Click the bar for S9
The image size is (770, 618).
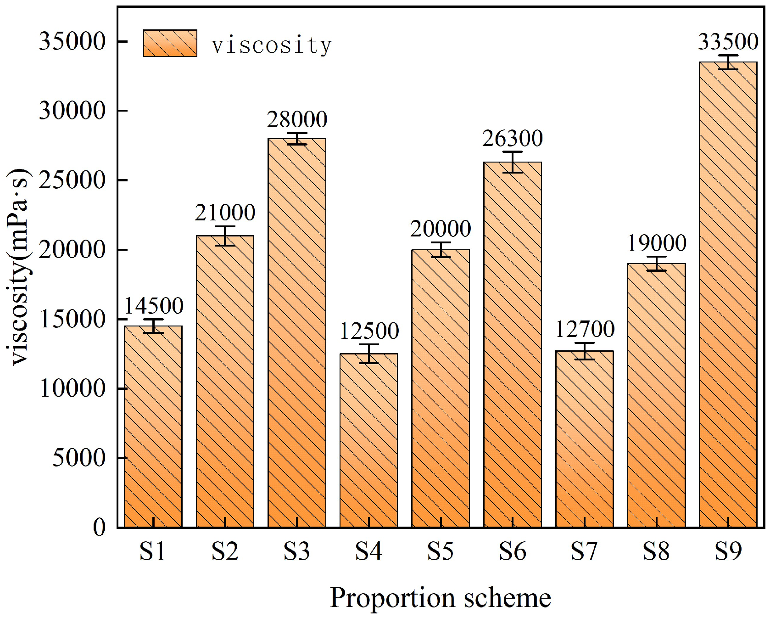click(728, 294)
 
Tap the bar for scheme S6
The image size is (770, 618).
click(512, 344)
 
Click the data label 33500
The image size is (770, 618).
click(728, 42)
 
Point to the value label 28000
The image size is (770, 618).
click(297, 120)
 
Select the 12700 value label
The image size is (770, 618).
click(585, 329)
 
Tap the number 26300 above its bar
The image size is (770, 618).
click(512, 139)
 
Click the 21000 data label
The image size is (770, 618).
click(225, 213)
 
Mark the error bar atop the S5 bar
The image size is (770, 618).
click(441, 250)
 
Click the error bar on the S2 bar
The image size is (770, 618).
click(225, 236)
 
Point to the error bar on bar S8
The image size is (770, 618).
click(656, 264)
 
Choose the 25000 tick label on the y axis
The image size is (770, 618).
click(72, 180)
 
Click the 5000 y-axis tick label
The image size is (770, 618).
click(79, 458)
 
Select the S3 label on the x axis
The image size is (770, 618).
click(296, 551)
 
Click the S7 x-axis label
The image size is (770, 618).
click(584, 551)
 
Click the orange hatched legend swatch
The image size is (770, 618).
click(170, 44)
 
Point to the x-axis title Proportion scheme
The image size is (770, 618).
click(440, 598)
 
